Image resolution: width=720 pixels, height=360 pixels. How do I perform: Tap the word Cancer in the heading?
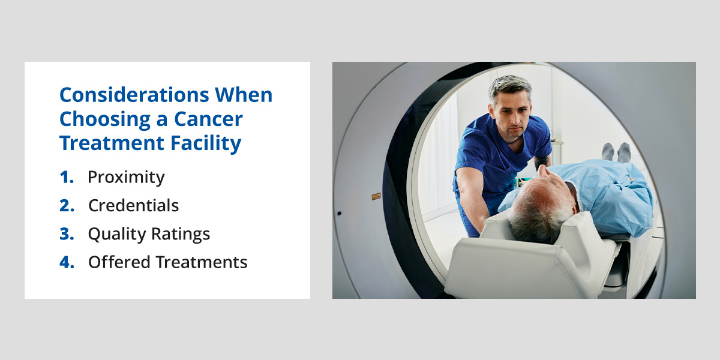point(208,119)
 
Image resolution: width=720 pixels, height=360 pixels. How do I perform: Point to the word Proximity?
point(126,177)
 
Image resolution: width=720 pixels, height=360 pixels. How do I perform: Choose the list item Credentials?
point(133,205)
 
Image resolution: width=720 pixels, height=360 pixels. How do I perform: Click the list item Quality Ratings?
point(149,234)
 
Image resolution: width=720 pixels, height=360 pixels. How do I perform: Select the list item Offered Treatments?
point(167,262)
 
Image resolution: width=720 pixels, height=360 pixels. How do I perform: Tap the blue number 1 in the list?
point(66,177)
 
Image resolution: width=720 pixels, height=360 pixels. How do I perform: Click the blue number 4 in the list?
point(66,262)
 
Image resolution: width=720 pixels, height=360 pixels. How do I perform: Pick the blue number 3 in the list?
point(66,234)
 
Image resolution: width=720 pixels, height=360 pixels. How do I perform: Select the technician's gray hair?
point(509,87)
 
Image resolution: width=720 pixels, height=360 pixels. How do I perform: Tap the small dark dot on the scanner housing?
point(339,213)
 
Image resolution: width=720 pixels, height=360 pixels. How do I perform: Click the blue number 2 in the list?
point(66,205)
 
